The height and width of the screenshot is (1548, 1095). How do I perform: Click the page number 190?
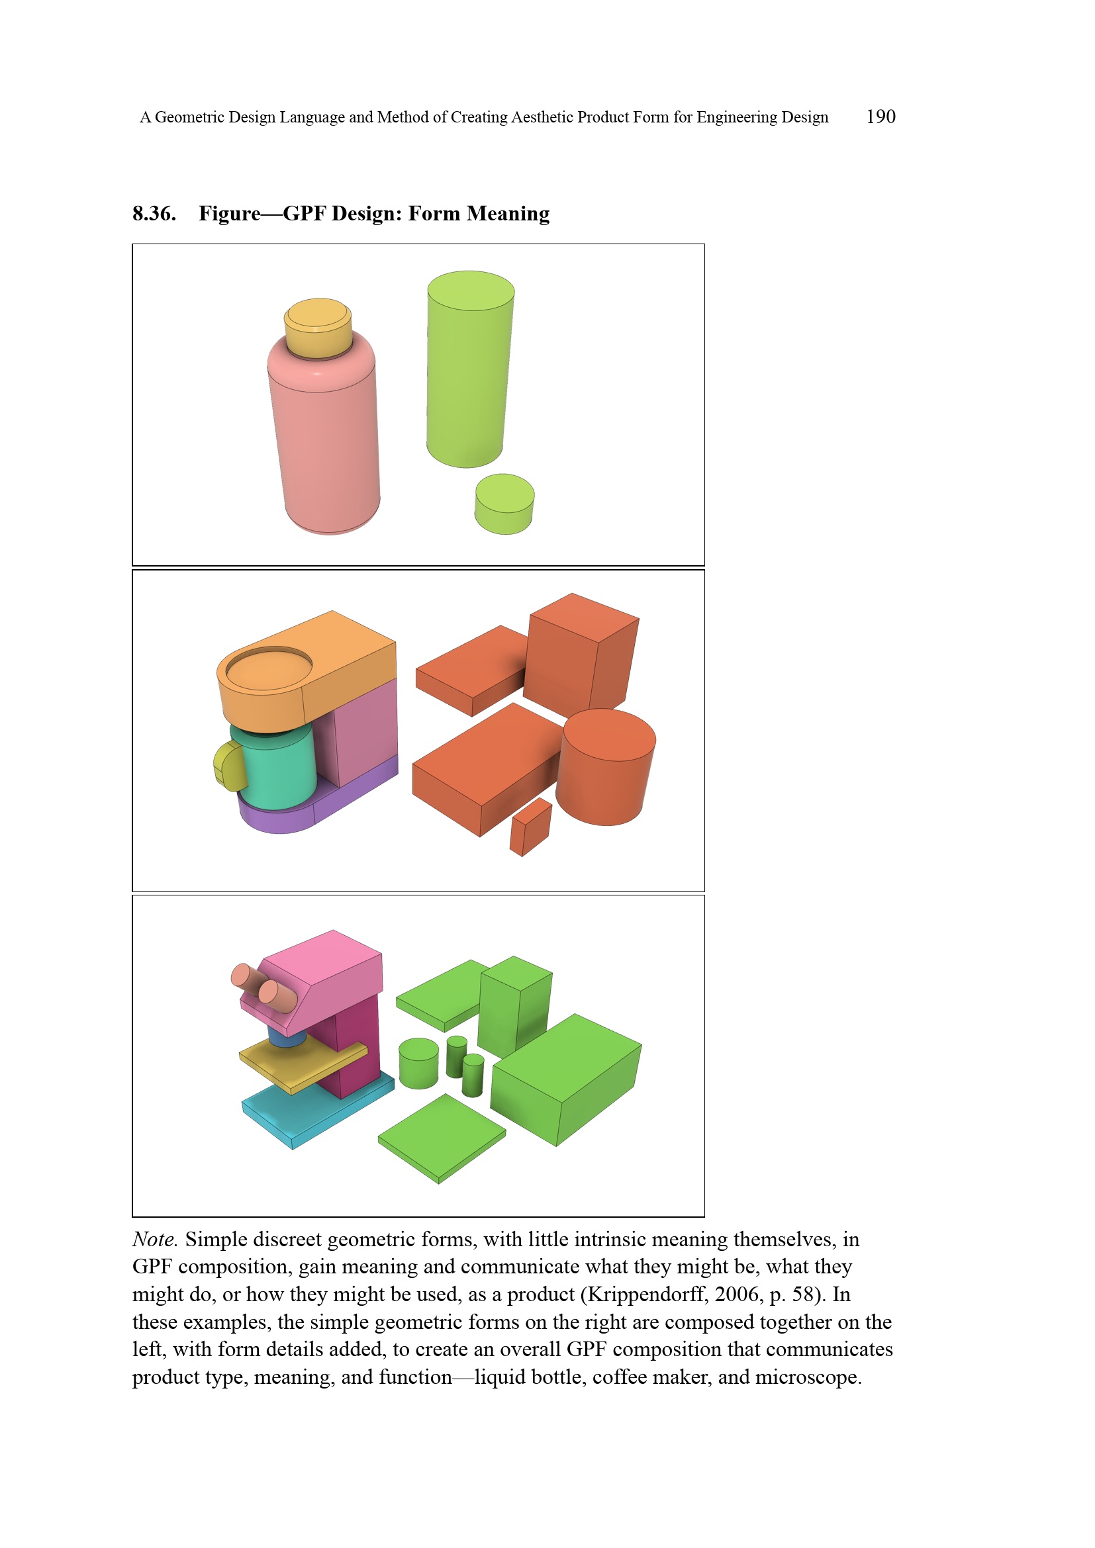[881, 116]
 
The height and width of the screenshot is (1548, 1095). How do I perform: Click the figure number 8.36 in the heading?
[154, 213]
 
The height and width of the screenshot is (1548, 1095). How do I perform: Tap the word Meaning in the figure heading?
[508, 214]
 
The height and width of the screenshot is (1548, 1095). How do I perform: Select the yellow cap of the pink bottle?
[318, 328]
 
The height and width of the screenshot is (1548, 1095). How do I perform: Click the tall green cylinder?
[470, 369]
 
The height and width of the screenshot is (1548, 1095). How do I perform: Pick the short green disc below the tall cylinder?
[504, 504]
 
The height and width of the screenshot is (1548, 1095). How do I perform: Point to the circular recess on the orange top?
[268, 668]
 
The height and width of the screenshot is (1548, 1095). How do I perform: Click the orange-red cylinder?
[606, 767]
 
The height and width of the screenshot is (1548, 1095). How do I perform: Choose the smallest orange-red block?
[531, 827]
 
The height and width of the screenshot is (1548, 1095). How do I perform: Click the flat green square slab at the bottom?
[442, 1138]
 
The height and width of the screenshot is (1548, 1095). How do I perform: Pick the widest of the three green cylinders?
[418, 1063]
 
